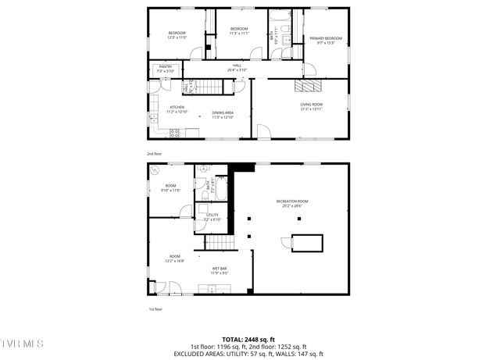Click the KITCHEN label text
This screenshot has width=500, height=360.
(x=177, y=109)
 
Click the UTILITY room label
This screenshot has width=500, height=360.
(x=212, y=218)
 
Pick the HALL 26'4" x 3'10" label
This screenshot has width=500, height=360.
(x=237, y=68)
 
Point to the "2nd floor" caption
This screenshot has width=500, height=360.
(x=155, y=154)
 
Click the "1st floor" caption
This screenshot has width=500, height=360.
(x=155, y=308)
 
